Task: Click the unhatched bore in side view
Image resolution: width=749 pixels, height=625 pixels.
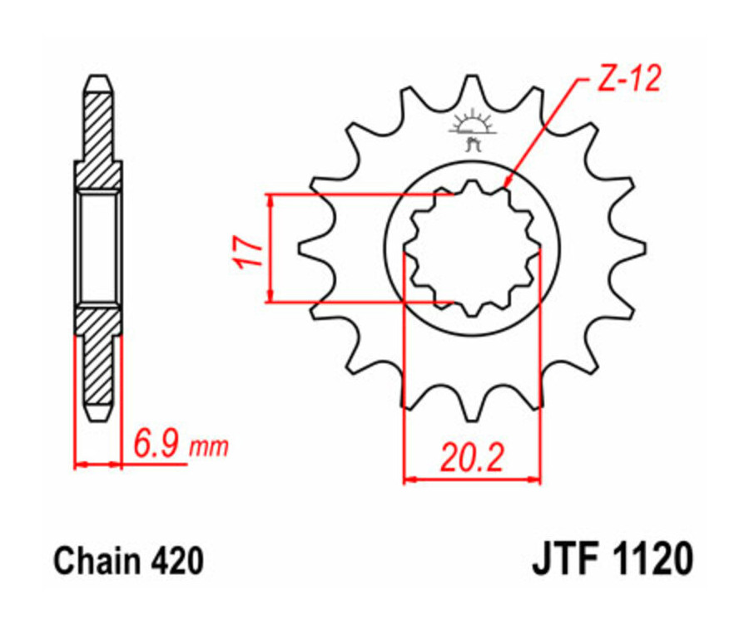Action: point(98,247)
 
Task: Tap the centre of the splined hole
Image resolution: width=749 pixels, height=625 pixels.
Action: point(472,248)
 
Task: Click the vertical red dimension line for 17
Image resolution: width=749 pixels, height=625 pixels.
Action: point(270,249)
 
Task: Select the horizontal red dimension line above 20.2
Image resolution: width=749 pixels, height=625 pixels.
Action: point(472,479)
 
